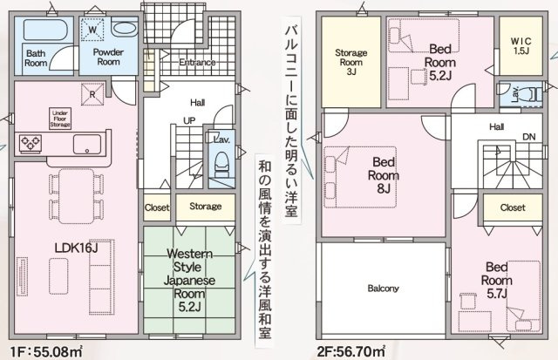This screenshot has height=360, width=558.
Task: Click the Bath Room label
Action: [x=36, y=58]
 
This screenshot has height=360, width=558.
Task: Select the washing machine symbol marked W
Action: [x=93, y=29]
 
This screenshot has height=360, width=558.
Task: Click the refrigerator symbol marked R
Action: [x=87, y=92]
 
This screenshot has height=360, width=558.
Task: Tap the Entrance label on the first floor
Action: [x=198, y=63]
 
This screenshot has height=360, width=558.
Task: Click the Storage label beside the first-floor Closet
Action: [x=206, y=207]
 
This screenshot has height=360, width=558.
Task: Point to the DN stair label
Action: [x=528, y=136]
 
